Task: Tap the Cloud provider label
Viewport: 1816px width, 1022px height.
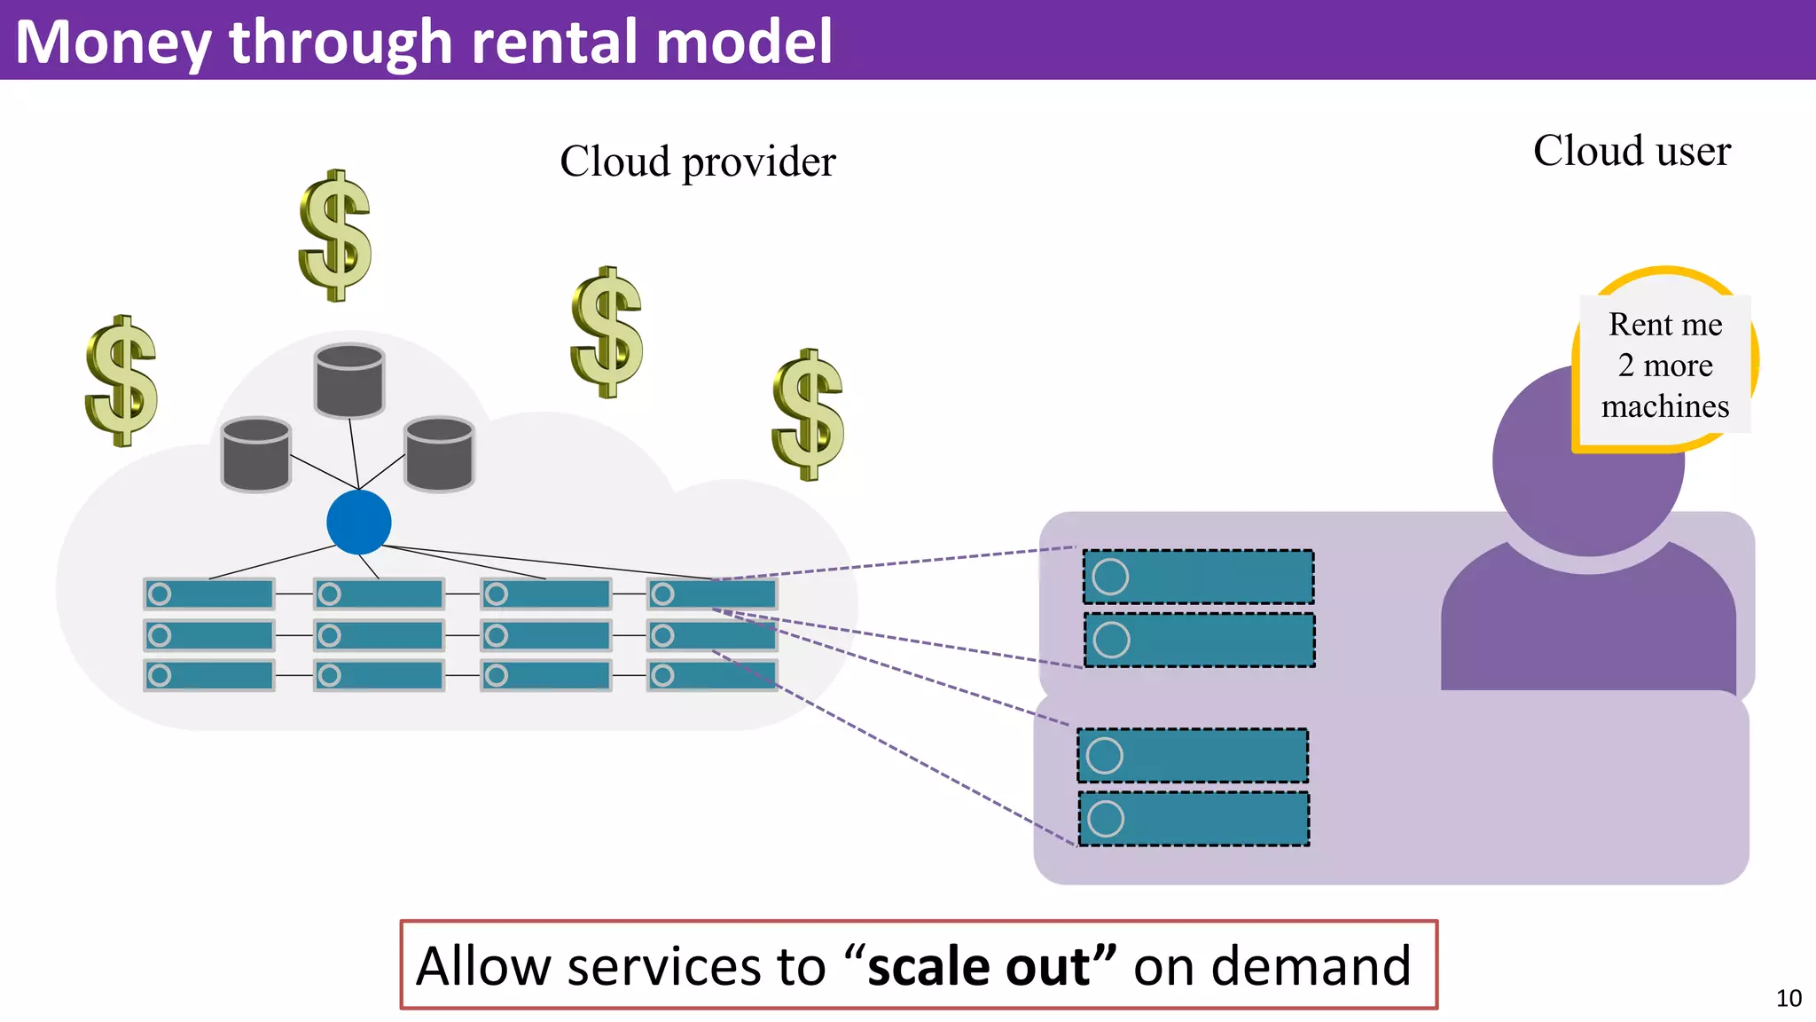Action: coord(698,161)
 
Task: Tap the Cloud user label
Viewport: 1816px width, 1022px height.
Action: coord(1632,151)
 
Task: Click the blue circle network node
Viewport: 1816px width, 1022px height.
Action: coord(358,522)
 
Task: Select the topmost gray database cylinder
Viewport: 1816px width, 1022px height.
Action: coord(349,380)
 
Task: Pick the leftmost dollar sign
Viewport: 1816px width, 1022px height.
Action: coord(121,381)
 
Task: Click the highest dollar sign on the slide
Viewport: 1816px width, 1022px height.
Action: coord(334,236)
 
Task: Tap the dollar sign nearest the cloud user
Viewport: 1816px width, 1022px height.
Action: coord(807,414)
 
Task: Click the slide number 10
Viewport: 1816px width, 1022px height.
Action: coord(1789,998)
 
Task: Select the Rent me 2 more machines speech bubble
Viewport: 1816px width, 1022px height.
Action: coord(1664,365)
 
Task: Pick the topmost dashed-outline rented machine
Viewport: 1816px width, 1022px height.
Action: coord(1198,577)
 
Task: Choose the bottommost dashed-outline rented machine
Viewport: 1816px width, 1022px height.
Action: coord(1194,819)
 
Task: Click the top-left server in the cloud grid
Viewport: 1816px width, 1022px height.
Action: coord(209,594)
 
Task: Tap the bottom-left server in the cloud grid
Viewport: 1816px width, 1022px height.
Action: coord(209,675)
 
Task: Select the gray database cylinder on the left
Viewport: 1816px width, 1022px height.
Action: coord(256,453)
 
